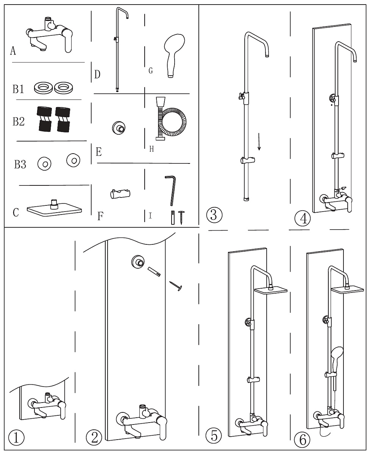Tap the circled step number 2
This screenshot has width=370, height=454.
(x=94, y=438)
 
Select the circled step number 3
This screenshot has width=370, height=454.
(x=214, y=216)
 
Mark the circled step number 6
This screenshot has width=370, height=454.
(x=301, y=439)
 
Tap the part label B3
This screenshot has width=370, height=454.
(x=20, y=165)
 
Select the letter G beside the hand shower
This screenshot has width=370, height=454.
(x=151, y=71)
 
